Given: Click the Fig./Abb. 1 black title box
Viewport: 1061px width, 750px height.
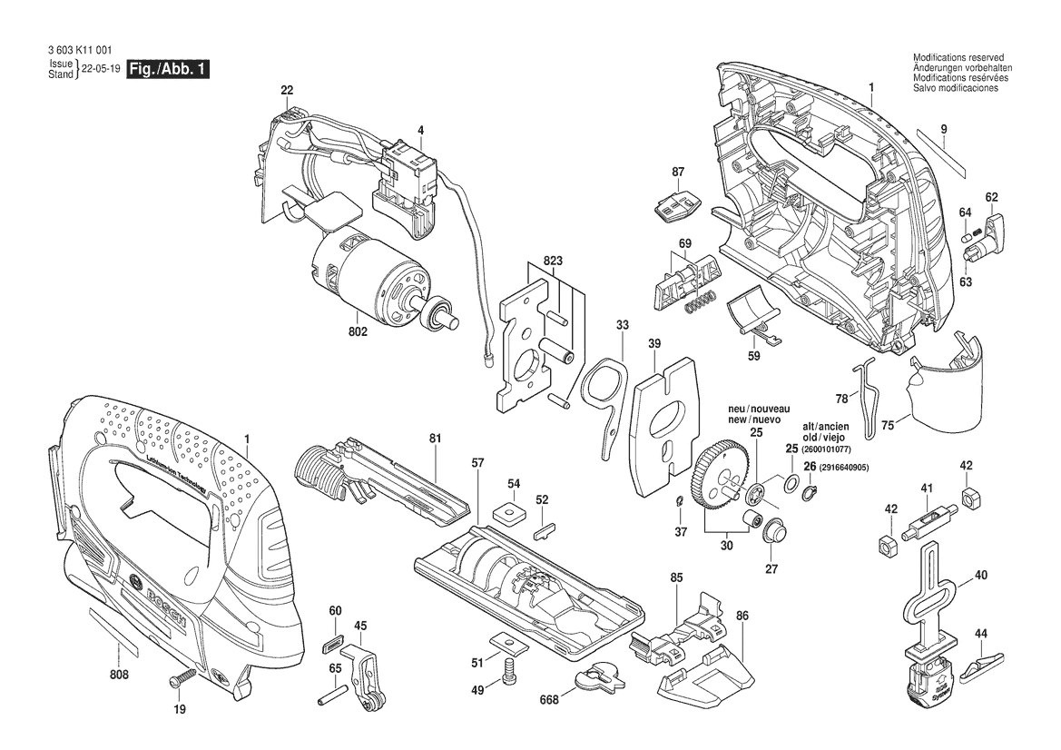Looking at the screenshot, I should tap(169, 70).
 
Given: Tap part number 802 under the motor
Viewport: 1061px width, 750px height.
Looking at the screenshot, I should tap(358, 332).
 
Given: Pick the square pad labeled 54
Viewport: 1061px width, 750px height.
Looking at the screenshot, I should tap(513, 514).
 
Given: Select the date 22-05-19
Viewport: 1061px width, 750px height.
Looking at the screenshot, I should tap(101, 69).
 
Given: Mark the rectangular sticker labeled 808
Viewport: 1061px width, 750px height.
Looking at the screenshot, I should tap(113, 632).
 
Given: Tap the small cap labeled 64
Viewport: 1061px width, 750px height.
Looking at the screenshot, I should tap(964, 236).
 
